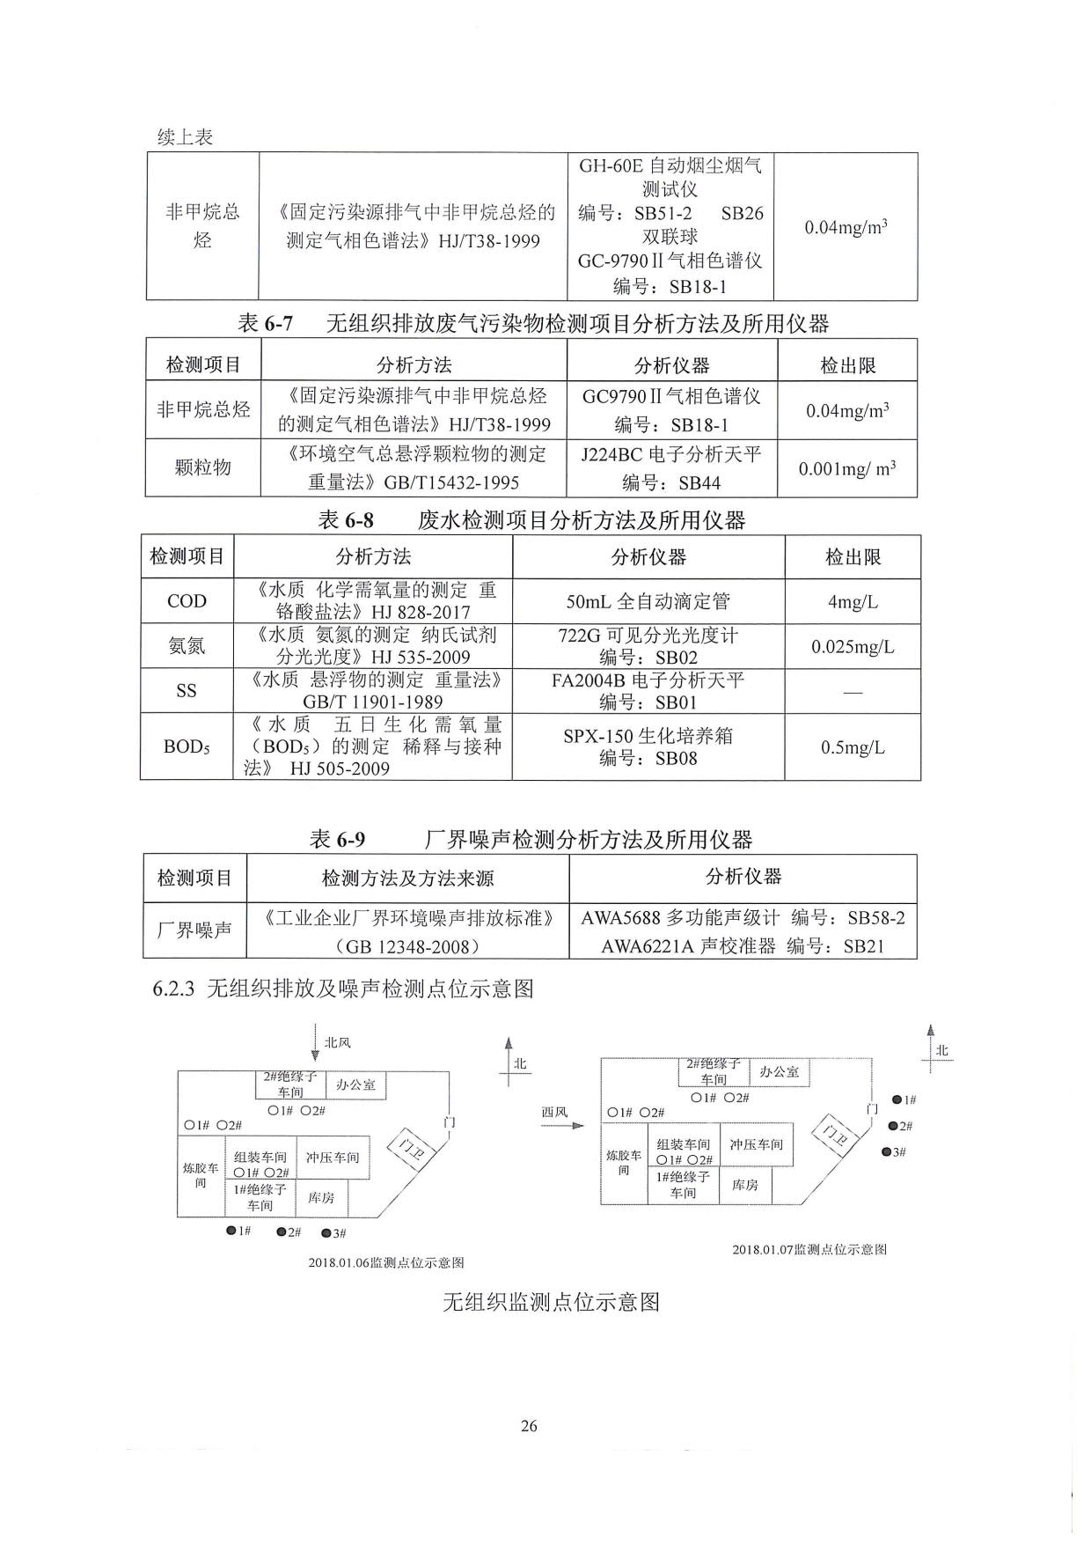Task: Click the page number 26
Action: pyautogui.click(x=529, y=1426)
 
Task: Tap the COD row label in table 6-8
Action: pyautogui.click(x=187, y=601)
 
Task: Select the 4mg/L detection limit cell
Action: pyautogui.click(x=853, y=602)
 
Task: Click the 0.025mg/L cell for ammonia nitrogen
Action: pyautogui.click(x=853, y=647)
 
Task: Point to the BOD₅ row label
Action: pyautogui.click(x=187, y=747)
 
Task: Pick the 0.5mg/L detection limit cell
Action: pyautogui.click(x=853, y=747)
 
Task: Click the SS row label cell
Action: pyautogui.click(x=187, y=691)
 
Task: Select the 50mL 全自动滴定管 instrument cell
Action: pyautogui.click(x=648, y=602)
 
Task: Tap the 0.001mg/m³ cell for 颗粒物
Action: pyautogui.click(x=847, y=468)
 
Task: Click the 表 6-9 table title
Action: pyautogui.click(x=531, y=839)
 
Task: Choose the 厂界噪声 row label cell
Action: pyautogui.click(x=194, y=930)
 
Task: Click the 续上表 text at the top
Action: pyautogui.click(x=185, y=137)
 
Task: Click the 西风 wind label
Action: pyautogui.click(x=554, y=1112)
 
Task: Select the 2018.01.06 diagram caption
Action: pyautogui.click(x=385, y=1262)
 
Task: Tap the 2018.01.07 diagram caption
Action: pyautogui.click(x=809, y=1249)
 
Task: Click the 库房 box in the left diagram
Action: pyautogui.click(x=321, y=1198)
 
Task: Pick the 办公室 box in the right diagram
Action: pyautogui.click(x=780, y=1071)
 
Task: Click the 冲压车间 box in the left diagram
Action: pyautogui.click(x=333, y=1158)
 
